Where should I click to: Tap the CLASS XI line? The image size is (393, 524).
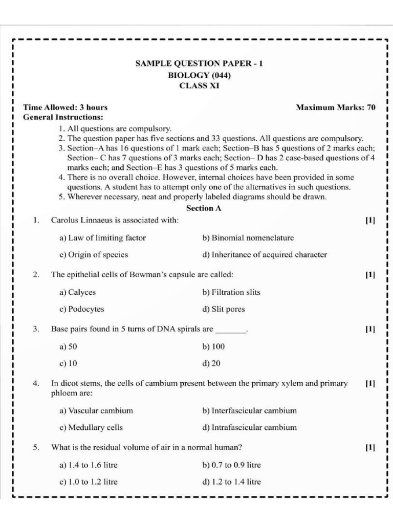pos(199,86)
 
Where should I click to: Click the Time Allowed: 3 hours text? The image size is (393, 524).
pos(65,107)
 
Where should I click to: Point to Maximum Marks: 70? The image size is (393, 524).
pos(336,107)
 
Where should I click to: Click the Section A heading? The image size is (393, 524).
pos(203,208)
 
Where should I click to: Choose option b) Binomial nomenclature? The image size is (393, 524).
pos(248,237)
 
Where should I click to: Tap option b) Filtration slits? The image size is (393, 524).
pos(231,292)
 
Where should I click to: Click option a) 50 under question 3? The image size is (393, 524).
pos(68,346)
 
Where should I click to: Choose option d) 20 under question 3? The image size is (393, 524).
pos(211,363)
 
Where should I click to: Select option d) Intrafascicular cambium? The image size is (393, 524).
pos(249,427)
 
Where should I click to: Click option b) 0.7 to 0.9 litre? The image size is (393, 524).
pos(232,465)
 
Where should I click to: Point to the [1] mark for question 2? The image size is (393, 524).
pos(370,275)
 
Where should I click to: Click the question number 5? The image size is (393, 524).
pos(36,447)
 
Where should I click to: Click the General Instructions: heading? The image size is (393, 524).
pos(63,117)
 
